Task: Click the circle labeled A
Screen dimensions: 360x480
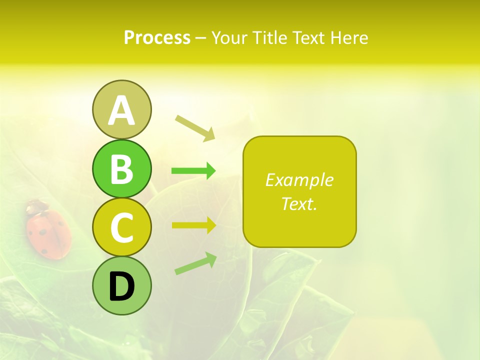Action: click(x=121, y=109)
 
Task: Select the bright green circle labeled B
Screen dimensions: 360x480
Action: click(x=121, y=168)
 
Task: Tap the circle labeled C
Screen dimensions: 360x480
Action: click(x=121, y=227)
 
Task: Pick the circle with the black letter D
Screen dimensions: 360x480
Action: click(x=121, y=286)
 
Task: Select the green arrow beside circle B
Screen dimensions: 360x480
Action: click(x=193, y=171)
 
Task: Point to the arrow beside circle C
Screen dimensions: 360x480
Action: click(x=193, y=225)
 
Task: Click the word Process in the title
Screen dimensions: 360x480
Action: click(x=157, y=38)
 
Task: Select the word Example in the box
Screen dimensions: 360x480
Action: click(x=299, y=180)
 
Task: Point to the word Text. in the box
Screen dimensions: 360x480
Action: click(x=299, y=203)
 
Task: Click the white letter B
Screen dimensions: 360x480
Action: click(x=121, y=168)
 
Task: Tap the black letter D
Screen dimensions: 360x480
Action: click(x=121, y=286)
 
